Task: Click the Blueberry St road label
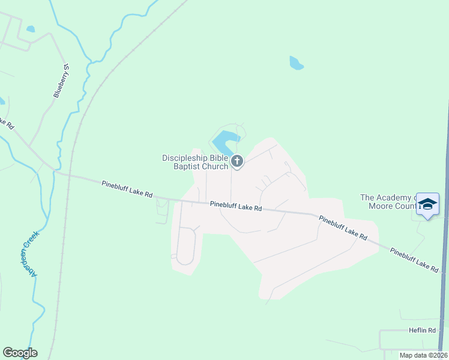point(62,81)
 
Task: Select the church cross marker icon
point(237,161)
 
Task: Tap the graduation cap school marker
point(427,204)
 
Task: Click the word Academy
point(395,197)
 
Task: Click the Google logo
point(20,353)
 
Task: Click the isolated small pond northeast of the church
point(296,62)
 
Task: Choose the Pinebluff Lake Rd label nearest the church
point(236,206)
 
